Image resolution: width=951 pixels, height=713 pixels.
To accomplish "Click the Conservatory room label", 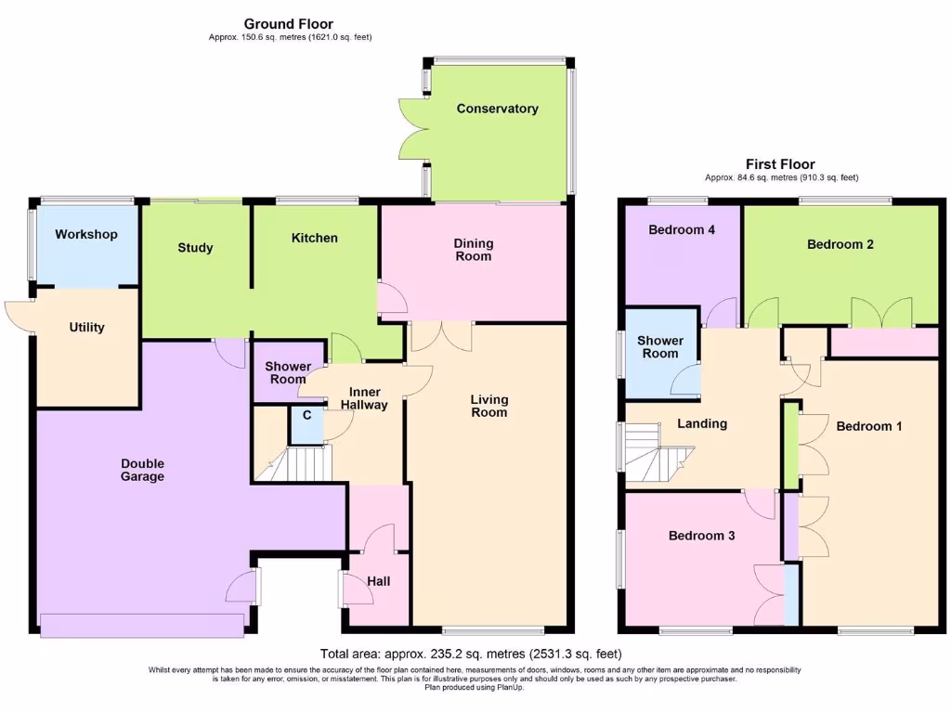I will point(497,109).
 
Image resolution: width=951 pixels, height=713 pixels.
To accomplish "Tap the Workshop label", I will point(86,234).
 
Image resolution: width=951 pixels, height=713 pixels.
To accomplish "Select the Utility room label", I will point(86,327).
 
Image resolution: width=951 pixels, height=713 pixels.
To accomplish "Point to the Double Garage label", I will point(142,470).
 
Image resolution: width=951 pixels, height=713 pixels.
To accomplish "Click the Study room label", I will point(195,248).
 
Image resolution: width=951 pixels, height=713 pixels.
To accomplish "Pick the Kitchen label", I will point(315,238).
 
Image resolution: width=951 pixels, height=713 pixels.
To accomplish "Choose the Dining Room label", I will point(474,250).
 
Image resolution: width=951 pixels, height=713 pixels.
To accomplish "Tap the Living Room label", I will point(489,406).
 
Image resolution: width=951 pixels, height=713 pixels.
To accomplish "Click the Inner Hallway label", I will point(363,398).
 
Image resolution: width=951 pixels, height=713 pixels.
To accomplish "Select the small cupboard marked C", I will point(306,415).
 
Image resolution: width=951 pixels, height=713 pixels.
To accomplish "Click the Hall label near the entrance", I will point(379,581).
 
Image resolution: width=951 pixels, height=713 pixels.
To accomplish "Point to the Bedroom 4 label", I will point(681,229).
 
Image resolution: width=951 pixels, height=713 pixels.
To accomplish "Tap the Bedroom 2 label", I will point(840,244).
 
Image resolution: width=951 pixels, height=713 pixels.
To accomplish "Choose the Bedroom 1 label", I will point(869,426).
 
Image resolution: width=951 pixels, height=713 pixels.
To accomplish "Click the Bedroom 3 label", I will point(701,536).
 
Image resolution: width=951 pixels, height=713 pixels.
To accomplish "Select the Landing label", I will point(702,423).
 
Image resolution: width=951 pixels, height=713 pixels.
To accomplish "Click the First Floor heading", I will point(781,164).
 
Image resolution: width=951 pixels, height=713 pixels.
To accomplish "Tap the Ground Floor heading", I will point(289,24).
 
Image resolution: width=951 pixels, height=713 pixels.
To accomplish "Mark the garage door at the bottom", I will point(142,625).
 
